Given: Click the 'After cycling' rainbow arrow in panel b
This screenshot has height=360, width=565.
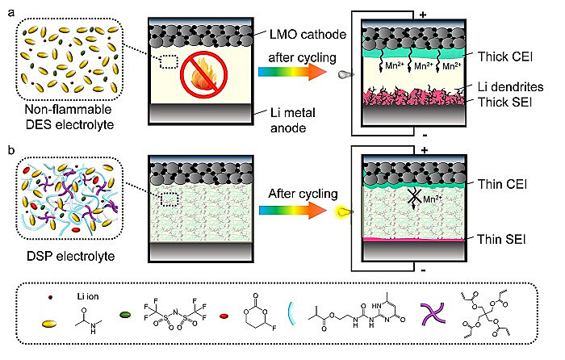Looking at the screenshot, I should [x=291, y=211].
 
